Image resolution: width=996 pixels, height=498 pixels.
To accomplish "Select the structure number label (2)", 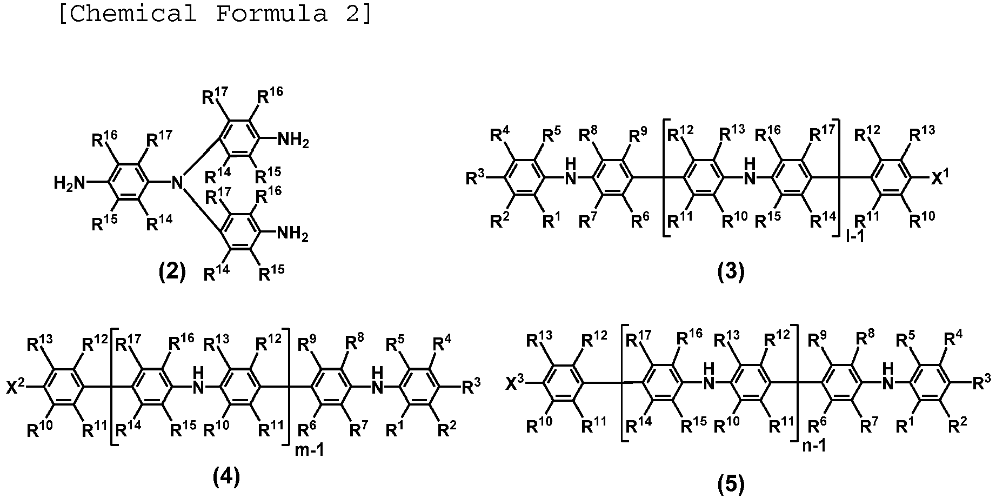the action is [x=172, y=271].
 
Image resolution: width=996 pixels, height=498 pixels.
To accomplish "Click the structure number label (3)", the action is [x=731, y=271].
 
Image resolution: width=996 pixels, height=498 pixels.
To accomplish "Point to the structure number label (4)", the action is [x=226, y=477].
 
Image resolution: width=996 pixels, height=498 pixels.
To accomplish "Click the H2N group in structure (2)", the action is [x=70, y=184].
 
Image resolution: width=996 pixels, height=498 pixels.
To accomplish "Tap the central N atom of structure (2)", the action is [x=176, y=183].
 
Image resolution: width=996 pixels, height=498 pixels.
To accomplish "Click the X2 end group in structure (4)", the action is [x=17, y=386].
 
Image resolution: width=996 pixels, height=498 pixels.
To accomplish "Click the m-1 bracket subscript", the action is [x=310, y=450].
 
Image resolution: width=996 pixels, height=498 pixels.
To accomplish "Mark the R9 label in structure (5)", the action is [x=818, y=339].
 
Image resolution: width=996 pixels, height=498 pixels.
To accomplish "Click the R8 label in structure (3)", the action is [x=589, y=133].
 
